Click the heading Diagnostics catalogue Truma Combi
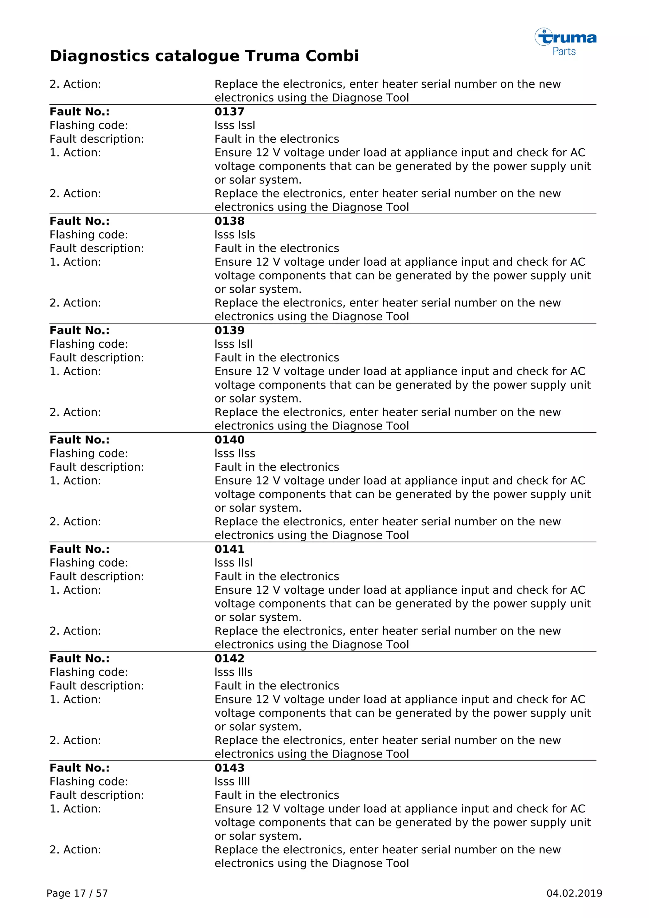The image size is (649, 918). pos(204,56)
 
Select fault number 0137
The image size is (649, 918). pos(229,112)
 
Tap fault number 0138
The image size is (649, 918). pos(229,221)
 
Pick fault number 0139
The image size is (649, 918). pos(229,330)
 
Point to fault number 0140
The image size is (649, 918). pos(229,440)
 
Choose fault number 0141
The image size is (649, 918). pos(229,549)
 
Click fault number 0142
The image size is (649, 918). pos(229,658)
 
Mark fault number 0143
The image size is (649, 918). pos(229,768)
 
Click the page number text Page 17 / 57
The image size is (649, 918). pos(77,893)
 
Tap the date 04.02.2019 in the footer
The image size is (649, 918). pos(574,893)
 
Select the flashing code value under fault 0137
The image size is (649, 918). pos(235,126)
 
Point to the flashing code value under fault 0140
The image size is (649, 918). pos(235,453)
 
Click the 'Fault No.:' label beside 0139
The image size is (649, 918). pos(80,330)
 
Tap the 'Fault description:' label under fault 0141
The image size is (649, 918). pos(97,577)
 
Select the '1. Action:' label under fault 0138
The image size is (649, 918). pos(75,262)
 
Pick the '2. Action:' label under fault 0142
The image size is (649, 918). pos(75,740)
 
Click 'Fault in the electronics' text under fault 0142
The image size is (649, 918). pos(277,686)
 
